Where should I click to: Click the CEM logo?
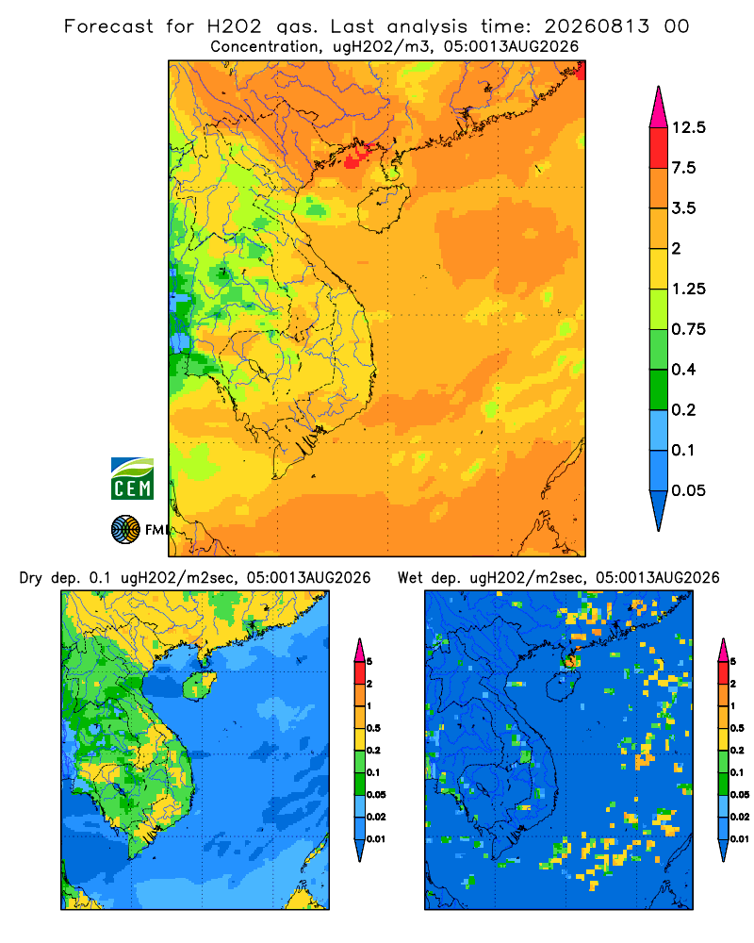132,479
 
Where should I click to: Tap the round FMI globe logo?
125,530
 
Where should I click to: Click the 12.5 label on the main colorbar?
689,127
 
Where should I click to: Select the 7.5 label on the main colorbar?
683,168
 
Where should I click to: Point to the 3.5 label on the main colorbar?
683,208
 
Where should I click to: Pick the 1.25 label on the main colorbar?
689,289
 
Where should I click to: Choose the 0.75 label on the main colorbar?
689,329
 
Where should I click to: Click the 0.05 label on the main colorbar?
689,490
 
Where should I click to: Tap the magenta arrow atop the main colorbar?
659,108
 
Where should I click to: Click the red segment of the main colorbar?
659,148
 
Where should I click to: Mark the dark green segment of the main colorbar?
659,389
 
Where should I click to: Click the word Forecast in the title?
108,26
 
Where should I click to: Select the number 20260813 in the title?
597,26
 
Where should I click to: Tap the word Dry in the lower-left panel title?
31,578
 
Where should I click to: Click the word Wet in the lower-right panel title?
411,578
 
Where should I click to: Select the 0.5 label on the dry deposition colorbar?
373,728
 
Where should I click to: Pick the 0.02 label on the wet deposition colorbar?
740,817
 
